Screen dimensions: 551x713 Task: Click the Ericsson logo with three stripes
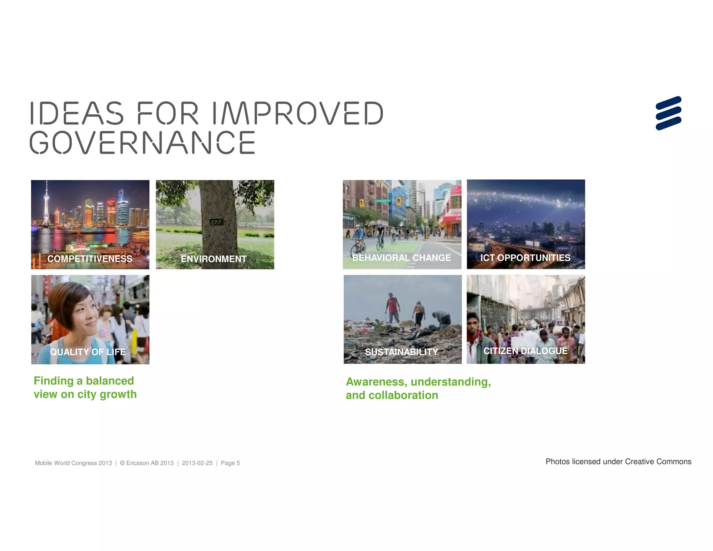[x=668, y=113]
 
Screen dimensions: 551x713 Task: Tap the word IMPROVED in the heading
[x=297, y=113]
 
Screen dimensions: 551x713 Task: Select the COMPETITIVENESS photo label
[x=90, y=259]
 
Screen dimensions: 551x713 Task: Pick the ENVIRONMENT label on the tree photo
[x=213, y=259]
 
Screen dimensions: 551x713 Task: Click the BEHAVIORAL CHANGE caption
[x=401, y=258]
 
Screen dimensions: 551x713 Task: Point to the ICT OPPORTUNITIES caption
[x=525, y=258]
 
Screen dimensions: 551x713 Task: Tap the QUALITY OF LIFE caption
[x=88, y=352]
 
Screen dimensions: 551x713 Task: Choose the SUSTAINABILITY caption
[x=401, y=352]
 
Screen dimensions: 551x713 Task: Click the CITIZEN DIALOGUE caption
[x=525, y=351]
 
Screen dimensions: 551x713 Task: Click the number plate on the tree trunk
[x=216, y=222]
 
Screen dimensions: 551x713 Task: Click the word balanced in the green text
[x=110, y=381]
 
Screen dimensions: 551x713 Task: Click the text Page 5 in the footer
[x=230, y=463]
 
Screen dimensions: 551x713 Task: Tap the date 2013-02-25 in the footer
[x=197, y=463]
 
